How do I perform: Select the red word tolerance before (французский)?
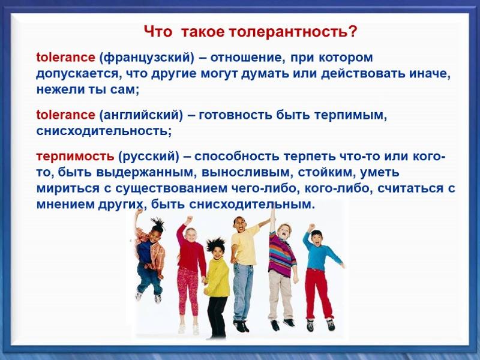tap(65, 58)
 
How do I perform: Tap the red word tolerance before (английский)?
tap(65, 115)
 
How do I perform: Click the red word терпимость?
tap(75, 157)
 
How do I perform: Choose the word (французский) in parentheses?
tap(147, 58)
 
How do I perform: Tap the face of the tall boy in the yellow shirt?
tap(239, 226)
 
